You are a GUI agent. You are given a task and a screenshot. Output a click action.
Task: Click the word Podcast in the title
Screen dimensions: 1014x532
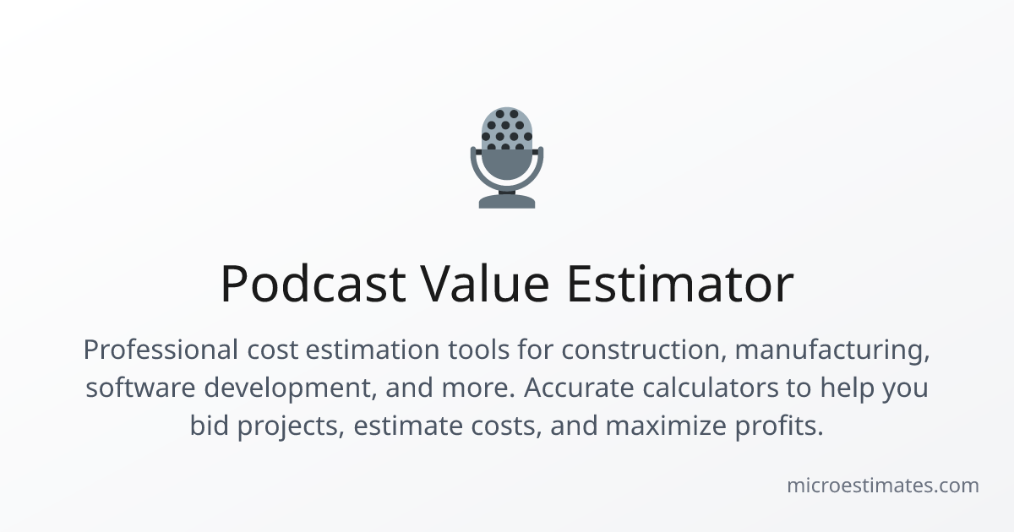(313, 284)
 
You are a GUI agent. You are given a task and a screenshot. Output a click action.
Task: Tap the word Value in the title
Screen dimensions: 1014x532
(485, 283)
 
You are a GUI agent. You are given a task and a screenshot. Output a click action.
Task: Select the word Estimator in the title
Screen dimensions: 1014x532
(680, 283)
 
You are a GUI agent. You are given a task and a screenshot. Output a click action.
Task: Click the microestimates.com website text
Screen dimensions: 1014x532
(883, 486)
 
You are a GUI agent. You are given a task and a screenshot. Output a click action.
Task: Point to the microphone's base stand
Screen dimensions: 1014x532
(507, 201)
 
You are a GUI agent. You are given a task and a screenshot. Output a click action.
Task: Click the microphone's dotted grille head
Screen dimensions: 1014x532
(507, 128)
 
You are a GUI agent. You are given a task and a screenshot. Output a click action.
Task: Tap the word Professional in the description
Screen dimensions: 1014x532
(161, 350)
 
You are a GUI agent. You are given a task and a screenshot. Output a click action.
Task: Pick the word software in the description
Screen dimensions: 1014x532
(141, 388)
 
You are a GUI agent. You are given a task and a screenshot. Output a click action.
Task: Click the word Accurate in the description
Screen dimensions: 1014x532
(579, 388)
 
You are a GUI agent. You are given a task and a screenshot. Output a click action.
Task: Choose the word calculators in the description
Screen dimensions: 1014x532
(711, 388)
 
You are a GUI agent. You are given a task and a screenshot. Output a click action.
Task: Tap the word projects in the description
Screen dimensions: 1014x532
(291, 426)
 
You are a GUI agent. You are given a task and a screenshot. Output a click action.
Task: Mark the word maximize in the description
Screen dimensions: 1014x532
(666, 426)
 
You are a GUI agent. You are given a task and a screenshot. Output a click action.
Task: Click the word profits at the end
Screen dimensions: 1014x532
(778, 426)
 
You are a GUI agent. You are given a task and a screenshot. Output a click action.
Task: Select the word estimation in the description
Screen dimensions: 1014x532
(373, 350)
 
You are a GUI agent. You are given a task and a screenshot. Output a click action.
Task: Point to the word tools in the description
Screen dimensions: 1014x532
(479, 350)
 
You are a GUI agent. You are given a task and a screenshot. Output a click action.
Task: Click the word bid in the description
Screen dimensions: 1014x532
(210, 426)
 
